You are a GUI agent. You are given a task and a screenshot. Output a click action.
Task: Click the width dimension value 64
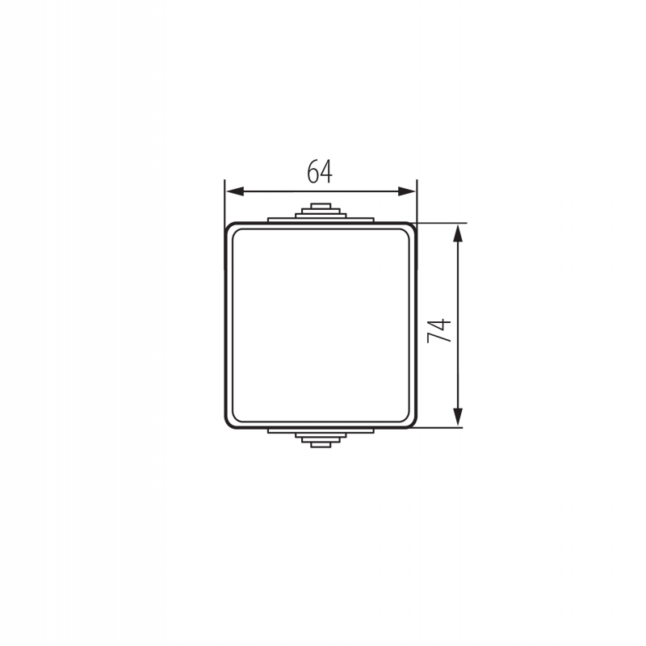click(x=320, y=171)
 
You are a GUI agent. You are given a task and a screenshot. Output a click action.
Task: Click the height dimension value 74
click(x=439, y=330)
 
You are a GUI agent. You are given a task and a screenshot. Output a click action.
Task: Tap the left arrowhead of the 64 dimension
click(x=235, y=191)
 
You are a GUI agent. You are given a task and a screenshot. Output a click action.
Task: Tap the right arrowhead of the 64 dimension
click(x=407, y=191)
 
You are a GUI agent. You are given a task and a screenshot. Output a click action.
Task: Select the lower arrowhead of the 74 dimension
click(x=458, y=417)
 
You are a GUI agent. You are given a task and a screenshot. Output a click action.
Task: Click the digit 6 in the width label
click(x=313, y=171)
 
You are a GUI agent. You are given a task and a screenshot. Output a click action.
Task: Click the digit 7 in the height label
click(x=439, y=337)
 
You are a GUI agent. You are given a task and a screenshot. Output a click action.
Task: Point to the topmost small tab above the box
click(x=321, y=206)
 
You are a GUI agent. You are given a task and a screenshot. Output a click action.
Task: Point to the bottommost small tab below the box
click(x=321, y=445)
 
